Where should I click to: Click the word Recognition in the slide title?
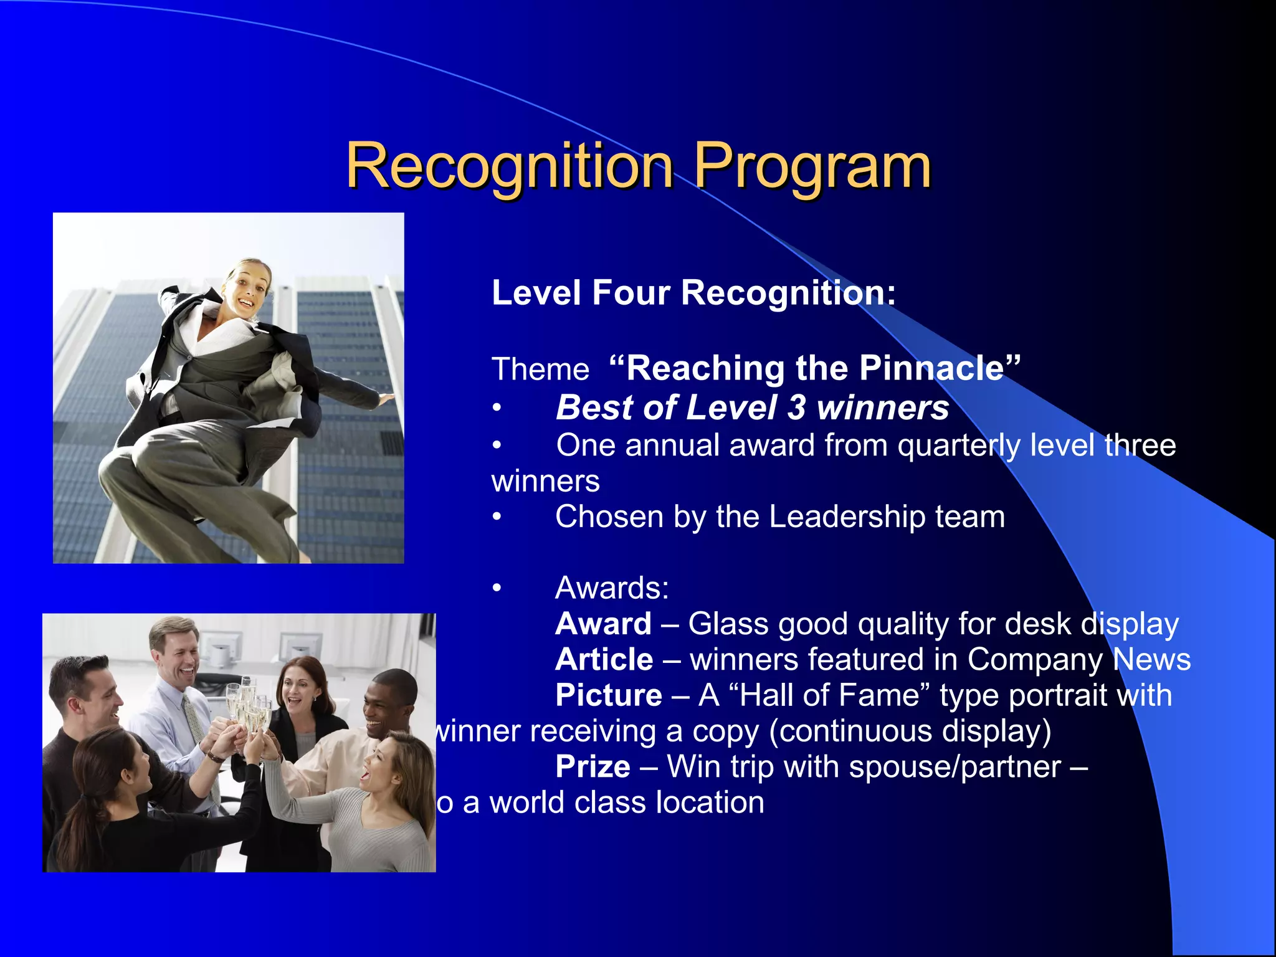tap(509, 166)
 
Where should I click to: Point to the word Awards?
tap(612, 588)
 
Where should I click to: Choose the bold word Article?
tap(604, 659)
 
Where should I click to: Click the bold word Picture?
tap(608, 695)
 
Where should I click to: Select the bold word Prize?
tap(593, 766)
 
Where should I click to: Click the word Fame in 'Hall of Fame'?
tap(877, 695)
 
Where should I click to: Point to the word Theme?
tap(540, 369)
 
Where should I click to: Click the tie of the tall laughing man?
tap(196, 723)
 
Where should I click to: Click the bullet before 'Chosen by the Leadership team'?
tap(497, 517)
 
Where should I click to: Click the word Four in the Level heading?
tap(630, 293)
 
